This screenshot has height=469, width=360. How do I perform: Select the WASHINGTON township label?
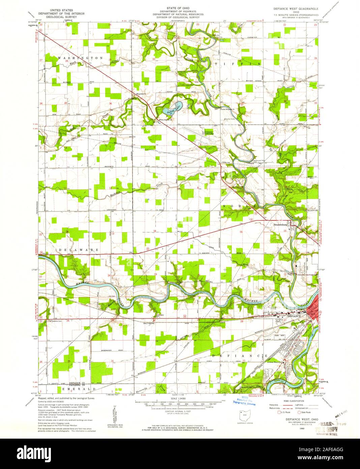80,58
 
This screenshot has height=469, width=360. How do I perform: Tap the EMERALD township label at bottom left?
80,389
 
